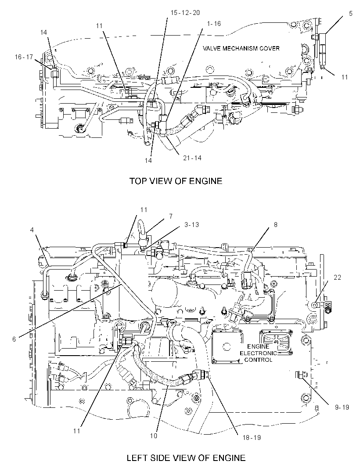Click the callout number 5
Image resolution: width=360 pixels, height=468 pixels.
coord(350,14)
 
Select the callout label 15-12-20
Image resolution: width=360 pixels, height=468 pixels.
coord(185,13)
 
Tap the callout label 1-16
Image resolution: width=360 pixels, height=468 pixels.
coord(213,24)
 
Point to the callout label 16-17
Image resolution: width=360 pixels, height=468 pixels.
coord(24,57)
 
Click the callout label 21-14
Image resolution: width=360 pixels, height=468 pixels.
coord(192,158)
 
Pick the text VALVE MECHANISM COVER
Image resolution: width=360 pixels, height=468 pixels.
coord(241,48)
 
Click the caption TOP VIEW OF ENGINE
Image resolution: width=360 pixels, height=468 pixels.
coord(176,181)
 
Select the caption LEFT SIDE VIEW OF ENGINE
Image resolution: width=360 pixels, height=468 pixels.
coord(186,458)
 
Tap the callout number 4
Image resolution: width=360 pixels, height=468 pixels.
coord(32,230)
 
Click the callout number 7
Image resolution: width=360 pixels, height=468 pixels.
coord(171,216)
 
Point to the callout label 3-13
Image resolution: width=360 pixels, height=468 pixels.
coord(191,225)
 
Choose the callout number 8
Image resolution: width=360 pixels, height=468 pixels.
coord(276,224)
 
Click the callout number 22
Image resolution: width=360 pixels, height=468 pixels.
coord(337,277)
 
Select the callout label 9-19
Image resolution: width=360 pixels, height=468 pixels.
coord(342,407)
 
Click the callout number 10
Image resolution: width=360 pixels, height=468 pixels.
coord(153,436)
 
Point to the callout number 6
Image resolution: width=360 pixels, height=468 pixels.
coord(14,339)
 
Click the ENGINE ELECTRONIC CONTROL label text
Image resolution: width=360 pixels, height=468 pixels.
coord(259,353)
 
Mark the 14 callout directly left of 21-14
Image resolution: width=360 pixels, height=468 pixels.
coord(148,161)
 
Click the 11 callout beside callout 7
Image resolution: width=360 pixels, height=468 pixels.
coord(144,210)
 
